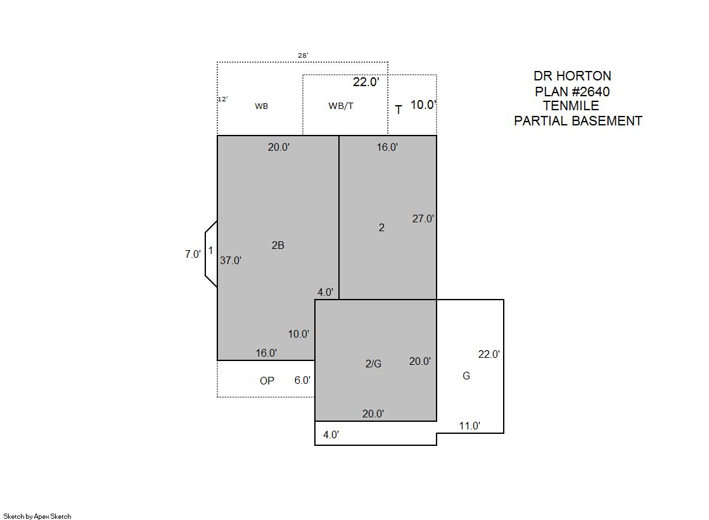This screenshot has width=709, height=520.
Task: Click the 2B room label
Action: click(x=278, y=245)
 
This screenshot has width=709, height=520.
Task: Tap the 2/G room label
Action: click(x=373, y=364)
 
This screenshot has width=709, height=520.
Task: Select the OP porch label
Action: click(x=267, y=381)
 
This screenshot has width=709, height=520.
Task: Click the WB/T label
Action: click(x=341, y=106)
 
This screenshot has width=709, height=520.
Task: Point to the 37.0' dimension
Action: click(x=231, y=260)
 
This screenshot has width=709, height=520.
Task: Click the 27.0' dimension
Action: click(x=423, y=219)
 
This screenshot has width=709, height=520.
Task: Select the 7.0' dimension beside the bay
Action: click(x=193, y=254)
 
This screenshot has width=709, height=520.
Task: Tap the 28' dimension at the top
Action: click(x=303, y=55)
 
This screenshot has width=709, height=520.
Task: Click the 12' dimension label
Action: click(x=223, y=99)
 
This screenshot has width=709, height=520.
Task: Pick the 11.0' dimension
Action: click(x=469, y=426)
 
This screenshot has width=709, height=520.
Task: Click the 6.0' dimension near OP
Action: click(x=302, y=380)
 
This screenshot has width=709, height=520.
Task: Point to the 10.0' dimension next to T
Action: click(x=423, y=105)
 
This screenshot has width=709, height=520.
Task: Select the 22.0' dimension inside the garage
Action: click(x=489, y=355)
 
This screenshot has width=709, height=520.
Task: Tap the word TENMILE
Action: click(x=571, y=106)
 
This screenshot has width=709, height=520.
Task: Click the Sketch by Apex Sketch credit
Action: click(x=37, y=516)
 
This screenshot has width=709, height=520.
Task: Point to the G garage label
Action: click(x=466, y=376)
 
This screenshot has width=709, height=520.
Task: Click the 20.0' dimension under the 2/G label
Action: click(x=373, y=414)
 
